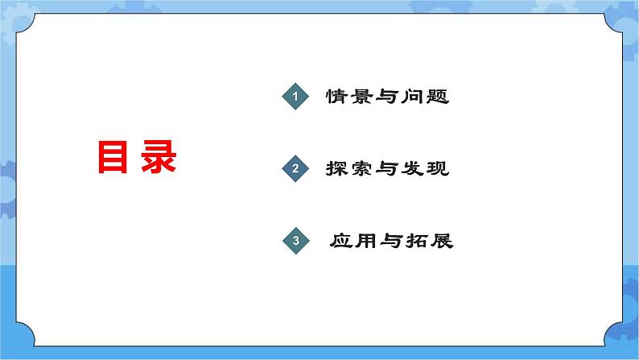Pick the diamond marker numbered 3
[295, 241]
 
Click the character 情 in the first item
[336, 97]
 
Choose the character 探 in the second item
[338, 169]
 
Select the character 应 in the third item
[342, 241]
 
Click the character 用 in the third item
[367, 241]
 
